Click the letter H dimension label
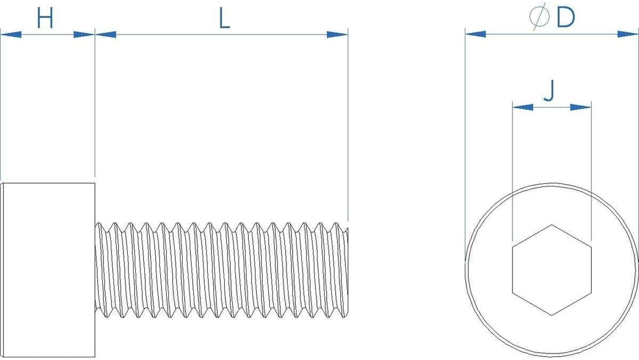tap(45, 19)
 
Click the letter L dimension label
tap(224, 19)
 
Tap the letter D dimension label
tap(565, 18)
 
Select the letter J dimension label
tap(549, 92)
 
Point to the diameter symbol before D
tap(539, 18)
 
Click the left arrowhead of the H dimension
tap(11, 34)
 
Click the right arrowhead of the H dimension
tap(84, 34)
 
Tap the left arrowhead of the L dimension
tap(106, 34)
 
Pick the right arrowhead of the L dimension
tap(337, 34)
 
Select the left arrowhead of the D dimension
tap(475, 34)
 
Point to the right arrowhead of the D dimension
tap(628, 34)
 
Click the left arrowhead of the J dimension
tap(522, 107)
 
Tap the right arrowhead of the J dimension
tap(580, 107)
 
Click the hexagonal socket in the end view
tap(552, 270)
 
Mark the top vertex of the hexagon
tap(552, 225)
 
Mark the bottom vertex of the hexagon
tap(552, 315)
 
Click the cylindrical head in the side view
tap(49, 270)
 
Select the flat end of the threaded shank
tap(347, 270)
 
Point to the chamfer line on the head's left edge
tap(4, 270)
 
